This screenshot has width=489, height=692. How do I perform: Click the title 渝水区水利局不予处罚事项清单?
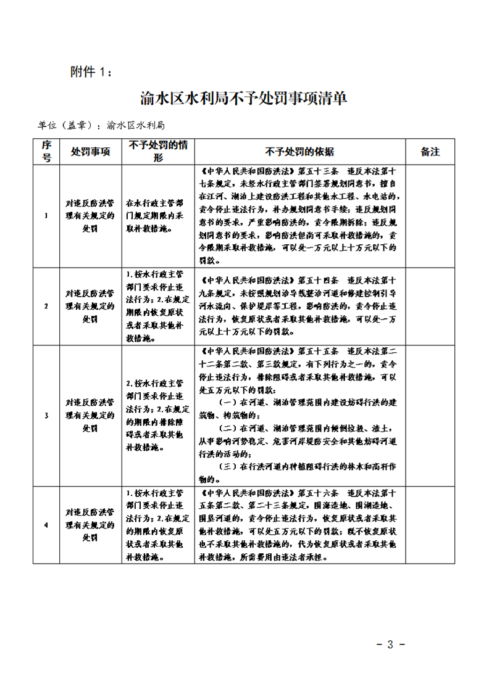tap(244, 98)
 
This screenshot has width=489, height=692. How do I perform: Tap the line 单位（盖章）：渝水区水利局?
tap(102, 125)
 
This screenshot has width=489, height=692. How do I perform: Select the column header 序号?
tap(46, 151)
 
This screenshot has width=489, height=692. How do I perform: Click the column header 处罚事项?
tap(90, 151)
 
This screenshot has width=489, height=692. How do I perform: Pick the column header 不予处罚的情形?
tap(158, 151)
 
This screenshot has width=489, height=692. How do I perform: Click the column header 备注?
tap(430, 151)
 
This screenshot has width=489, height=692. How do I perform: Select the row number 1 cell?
tap(46, 215)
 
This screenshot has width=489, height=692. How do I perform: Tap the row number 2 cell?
tap(46, 306)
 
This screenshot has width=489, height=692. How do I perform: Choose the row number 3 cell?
tap(46, 416)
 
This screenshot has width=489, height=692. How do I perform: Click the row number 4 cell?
tap(46, 525)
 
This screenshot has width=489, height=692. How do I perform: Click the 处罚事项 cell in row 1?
tap(90, 215)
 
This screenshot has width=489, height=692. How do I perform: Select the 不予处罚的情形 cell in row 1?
tap(158, 215)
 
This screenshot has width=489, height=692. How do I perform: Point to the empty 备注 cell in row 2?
tap(430, 306)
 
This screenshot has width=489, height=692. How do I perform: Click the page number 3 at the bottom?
tap(390, 645)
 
